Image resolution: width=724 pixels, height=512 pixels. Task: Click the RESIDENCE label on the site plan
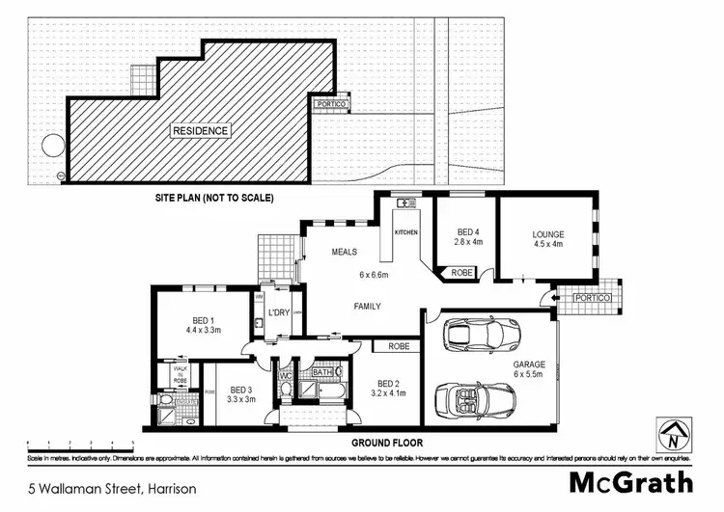point(201,130)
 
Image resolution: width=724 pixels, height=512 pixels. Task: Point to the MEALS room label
point(345,252)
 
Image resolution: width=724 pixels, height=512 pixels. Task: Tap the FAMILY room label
point(366,307)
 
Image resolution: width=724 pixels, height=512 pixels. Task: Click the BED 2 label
point(388,382)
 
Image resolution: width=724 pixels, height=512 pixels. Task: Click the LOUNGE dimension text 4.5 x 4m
point(547,244)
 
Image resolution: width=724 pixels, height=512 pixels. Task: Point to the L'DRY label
point(280,312)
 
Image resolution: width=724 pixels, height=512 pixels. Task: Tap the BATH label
point(322,371)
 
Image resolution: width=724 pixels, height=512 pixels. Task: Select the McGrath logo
point(632,483)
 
